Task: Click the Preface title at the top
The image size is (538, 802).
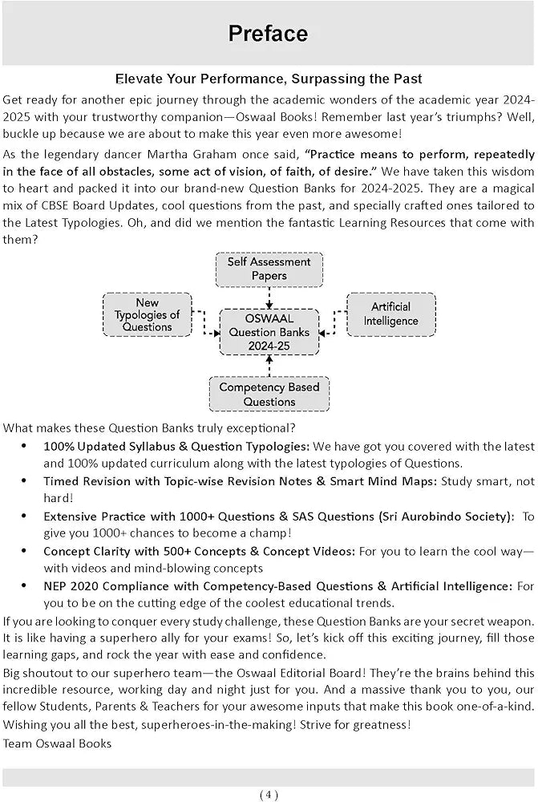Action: [268, 34]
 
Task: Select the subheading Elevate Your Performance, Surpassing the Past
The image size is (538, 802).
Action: [269, 79]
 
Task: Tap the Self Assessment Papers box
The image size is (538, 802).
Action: [269, 269]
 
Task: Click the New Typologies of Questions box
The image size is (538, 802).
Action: [147, 314]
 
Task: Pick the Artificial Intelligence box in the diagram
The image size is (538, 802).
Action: [390, 314]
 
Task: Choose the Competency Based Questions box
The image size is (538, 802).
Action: [269, 394]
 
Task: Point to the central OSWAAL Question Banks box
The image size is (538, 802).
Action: [269, 331]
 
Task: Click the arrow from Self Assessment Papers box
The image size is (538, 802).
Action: [269, 298]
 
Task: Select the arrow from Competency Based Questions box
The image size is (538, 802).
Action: [269, 366]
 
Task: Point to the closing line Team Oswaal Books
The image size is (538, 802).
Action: [58, 743]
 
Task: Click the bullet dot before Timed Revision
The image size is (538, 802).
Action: [24, 481]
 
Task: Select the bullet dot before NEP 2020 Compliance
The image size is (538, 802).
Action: [24, 586]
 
